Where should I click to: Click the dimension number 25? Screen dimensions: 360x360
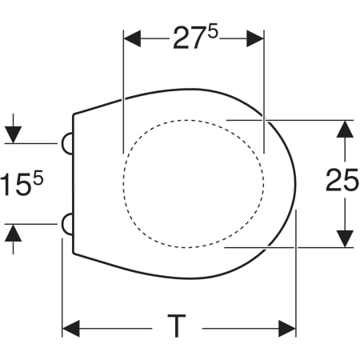pyautogui.click(x=342, y=180)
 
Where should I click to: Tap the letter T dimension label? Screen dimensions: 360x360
pyautogui.click(x=177, y=326)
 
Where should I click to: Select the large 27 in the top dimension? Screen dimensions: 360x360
pyautogui.click(x=190, y=38)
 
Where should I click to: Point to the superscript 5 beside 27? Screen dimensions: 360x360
pyautogui.click(x=213, y=31)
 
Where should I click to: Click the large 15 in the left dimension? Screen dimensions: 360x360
pyautogui.click(x=17, y=184)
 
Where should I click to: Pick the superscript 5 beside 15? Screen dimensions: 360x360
pyautogui.click(x=38, y=178)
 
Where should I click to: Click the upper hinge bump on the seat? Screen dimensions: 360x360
pyautogui.click(x=67, y=143)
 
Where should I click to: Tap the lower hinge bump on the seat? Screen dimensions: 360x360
pyautogui.click(x=67, y=224)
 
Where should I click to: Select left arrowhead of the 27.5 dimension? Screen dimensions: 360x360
pyautogui.click(x=133, y=38)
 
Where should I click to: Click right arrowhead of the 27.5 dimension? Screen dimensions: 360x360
pyautogui.click(x=255, y=38)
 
